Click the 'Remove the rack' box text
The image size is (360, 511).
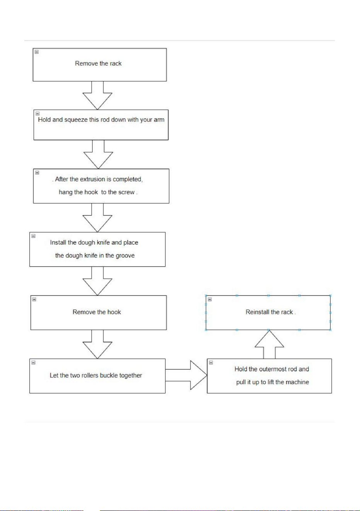click(98, 63)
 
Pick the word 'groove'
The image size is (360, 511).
click(125, 256)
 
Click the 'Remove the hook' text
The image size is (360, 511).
click(97, 312)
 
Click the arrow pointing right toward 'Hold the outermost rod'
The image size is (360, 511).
click(186, 375)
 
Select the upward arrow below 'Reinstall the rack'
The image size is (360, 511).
click(269, 345)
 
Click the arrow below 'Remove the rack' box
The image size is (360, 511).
click(97, 95)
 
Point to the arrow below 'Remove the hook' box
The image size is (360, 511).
click(97, 344)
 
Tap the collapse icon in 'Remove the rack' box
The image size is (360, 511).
click(37, 52)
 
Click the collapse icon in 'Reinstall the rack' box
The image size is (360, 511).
click(210, 299)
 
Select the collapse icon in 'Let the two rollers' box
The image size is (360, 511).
click(34, 363)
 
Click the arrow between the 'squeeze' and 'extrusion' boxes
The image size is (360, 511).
click(98, 154)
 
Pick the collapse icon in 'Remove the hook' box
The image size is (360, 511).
click(34, 299)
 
